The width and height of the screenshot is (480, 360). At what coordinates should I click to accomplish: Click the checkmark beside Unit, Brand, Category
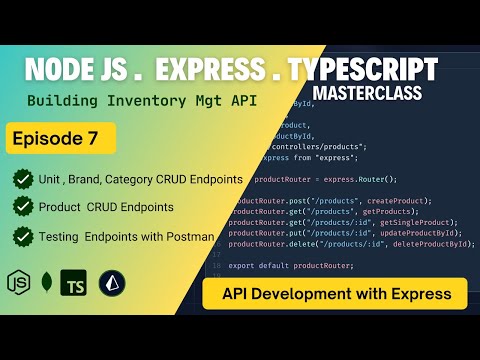(x=22, y=179)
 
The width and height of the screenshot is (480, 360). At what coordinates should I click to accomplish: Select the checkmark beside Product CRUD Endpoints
(x=22, y=207)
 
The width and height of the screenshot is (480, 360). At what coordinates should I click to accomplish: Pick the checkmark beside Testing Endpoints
(x=22, y=236)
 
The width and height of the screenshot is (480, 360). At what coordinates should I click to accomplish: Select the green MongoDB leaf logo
(x=46, y=282)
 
